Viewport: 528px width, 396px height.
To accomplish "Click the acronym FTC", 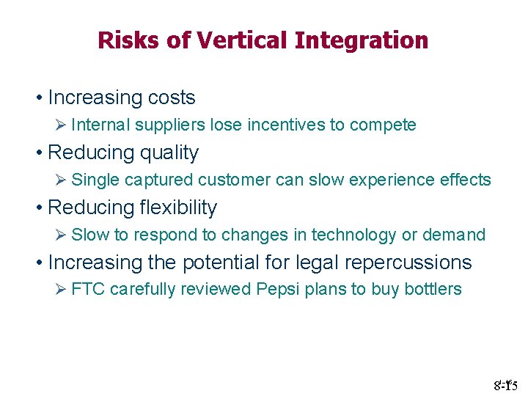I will pos(87,290).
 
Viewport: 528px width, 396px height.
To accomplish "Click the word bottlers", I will pos(434,290).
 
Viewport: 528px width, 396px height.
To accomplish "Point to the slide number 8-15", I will pos(506,384).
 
